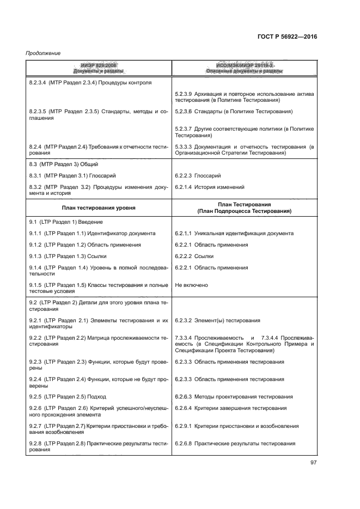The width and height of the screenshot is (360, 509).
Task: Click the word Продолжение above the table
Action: (x=43, y=53)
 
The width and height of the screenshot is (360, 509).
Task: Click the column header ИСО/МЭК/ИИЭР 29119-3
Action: (x=243, y=65)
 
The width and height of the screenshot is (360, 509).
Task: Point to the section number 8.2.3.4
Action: (x=39, y=83)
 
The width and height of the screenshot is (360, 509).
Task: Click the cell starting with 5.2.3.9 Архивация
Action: (x=244, y=97)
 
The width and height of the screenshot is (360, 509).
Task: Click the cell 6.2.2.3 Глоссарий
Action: (x=205, y=176)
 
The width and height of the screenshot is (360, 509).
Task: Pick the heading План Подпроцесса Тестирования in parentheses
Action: (x=244, y=211)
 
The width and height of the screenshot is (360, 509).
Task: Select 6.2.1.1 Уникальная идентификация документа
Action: (x=234, y=233)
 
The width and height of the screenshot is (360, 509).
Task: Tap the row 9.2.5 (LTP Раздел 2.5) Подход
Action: (x=68, y=396)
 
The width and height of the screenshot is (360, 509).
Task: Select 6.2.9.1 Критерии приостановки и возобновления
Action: (x=236, y=426)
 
